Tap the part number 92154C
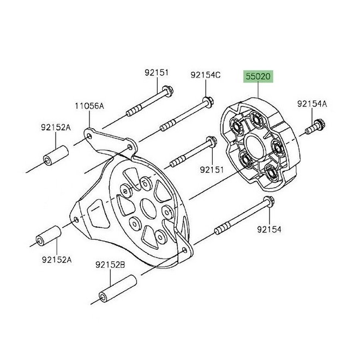click(x=205, y=75)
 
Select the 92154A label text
click(x=312, y=103)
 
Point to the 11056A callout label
click(x=89, y=107)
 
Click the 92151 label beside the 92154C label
click(x=157, y=72)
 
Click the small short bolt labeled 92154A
click(x=315, y=127)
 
